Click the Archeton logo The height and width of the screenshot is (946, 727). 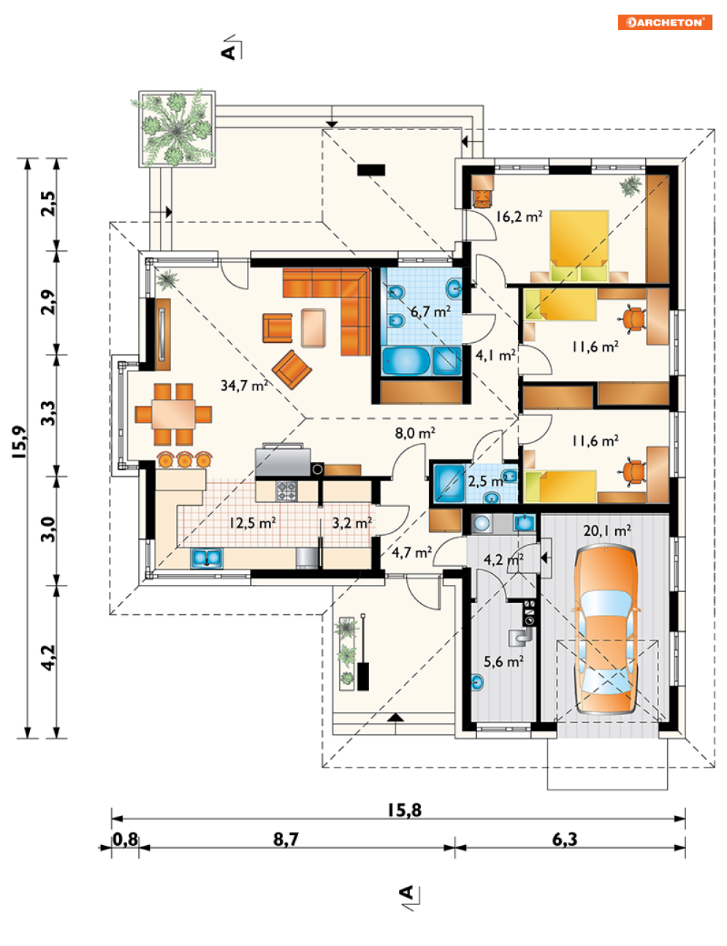tap(664, 22)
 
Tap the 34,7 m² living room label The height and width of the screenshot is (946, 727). tap(244, 385)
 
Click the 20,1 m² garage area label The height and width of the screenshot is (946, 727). tap(607, 531)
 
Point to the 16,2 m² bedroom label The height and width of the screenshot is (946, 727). tap(519, 216)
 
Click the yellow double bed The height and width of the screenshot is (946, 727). tap(579, 246)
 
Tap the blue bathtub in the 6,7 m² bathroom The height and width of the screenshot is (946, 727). tap(406, 360)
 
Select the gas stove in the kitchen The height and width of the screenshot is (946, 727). tap(286, 491)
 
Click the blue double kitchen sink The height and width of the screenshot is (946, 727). tap(207, 558)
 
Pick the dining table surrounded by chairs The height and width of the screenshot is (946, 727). tap(173, 414)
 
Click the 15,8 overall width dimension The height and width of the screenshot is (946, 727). tap(405, 810)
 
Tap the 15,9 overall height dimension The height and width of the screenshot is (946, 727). tap(20, 442)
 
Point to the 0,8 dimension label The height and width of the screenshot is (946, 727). tap(125, 839)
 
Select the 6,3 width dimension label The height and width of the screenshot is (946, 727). tap(565, 839)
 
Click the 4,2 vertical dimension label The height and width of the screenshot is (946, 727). tap(49, 657)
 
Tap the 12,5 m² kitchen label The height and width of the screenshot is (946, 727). tap(253, 523)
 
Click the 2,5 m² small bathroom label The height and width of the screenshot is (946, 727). tap(487, 482)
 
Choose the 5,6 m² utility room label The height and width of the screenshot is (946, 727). tap(504, 662)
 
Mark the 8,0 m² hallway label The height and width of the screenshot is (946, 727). tap(415, 433)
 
